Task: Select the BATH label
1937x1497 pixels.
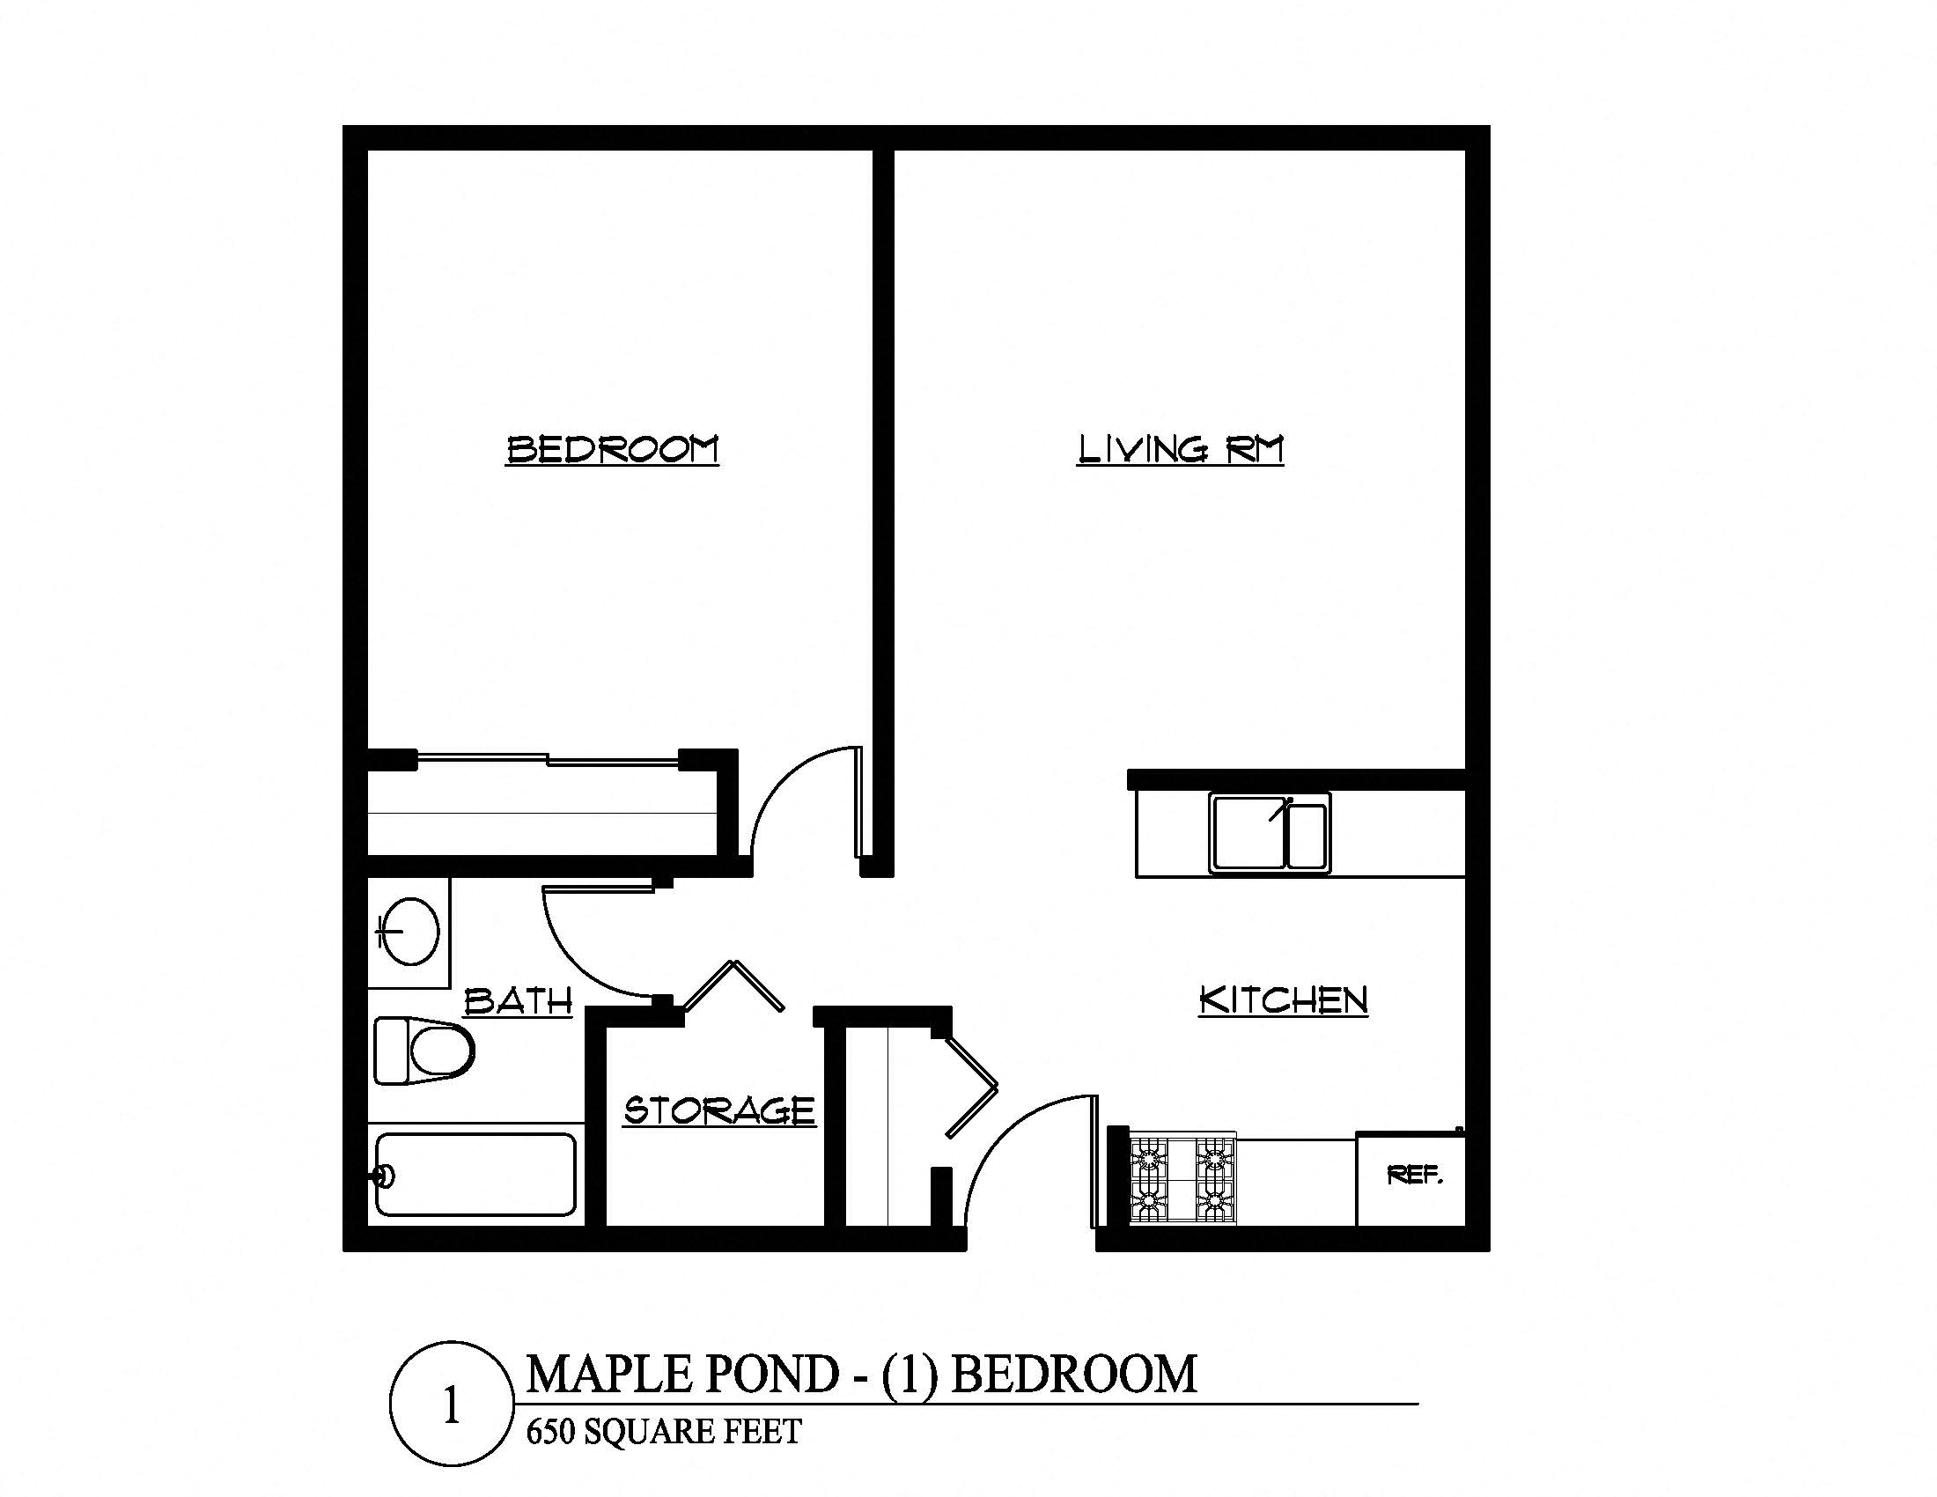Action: (x=519, y=1001)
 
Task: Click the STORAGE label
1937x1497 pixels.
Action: (x=719, y=1110)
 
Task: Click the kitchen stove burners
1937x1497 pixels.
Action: (x=1182, y=1179)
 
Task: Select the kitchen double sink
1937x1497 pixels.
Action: (x=1269, y=833)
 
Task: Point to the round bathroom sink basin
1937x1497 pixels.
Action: (x=409, y=930)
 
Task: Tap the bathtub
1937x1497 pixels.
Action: (x=475, y=1174)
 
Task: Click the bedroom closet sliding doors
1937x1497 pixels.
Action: (x=548, y=758)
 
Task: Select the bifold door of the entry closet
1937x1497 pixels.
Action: (x=972, y=1087)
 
